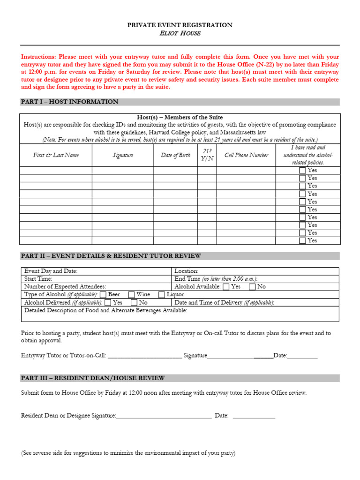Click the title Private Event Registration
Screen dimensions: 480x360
[x=180, y=25]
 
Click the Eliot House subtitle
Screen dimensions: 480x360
[x=180, y=33]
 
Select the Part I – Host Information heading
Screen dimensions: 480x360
[x=70, y=102]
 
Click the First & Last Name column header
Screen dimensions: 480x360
[x=56, y=155]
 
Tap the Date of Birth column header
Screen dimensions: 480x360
[x=175, y=155]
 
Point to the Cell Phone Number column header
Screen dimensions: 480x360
[x=246, y=155]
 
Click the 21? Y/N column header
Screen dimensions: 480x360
[x=207, y=155]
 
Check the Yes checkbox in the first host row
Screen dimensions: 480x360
[x=302, y=171]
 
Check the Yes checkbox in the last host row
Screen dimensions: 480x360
[x=302, y=240]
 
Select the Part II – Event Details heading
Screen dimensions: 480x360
[x=111, y=256]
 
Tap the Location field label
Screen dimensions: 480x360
[x=187, y=271]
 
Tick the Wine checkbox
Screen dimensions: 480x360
[x=132, y=294]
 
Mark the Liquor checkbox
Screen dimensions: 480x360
[x=162, y=294]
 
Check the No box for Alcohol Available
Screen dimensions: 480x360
[x=252, y=286]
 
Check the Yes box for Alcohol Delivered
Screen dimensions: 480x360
[x=108, y=302]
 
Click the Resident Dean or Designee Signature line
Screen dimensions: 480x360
[x=164, y=415]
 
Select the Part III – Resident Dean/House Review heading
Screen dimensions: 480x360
[x=93, y=378]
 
